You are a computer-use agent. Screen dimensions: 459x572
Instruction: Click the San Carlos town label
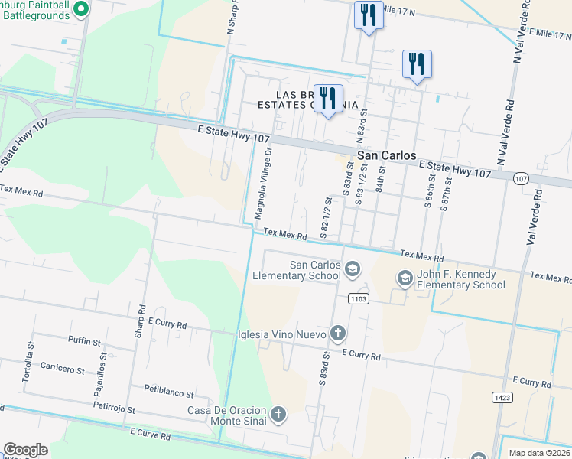pos(387,155)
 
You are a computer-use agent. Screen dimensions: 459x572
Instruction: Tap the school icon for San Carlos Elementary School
pos(353,268)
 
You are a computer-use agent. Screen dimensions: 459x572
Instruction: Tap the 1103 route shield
pos(357,298)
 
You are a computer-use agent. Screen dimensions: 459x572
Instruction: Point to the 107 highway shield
pos(520,178)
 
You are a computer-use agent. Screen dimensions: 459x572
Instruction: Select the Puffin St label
pos(84,341)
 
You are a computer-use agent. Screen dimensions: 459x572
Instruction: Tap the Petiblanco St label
pos(169,392)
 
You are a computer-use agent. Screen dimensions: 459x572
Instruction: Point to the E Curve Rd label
pos(149,434)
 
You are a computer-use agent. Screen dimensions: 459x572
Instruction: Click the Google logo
pos(25,450)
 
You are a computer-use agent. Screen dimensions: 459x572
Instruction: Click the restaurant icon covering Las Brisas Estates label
pos(329,99)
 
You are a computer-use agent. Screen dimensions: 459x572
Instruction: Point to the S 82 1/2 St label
pos(325,217)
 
